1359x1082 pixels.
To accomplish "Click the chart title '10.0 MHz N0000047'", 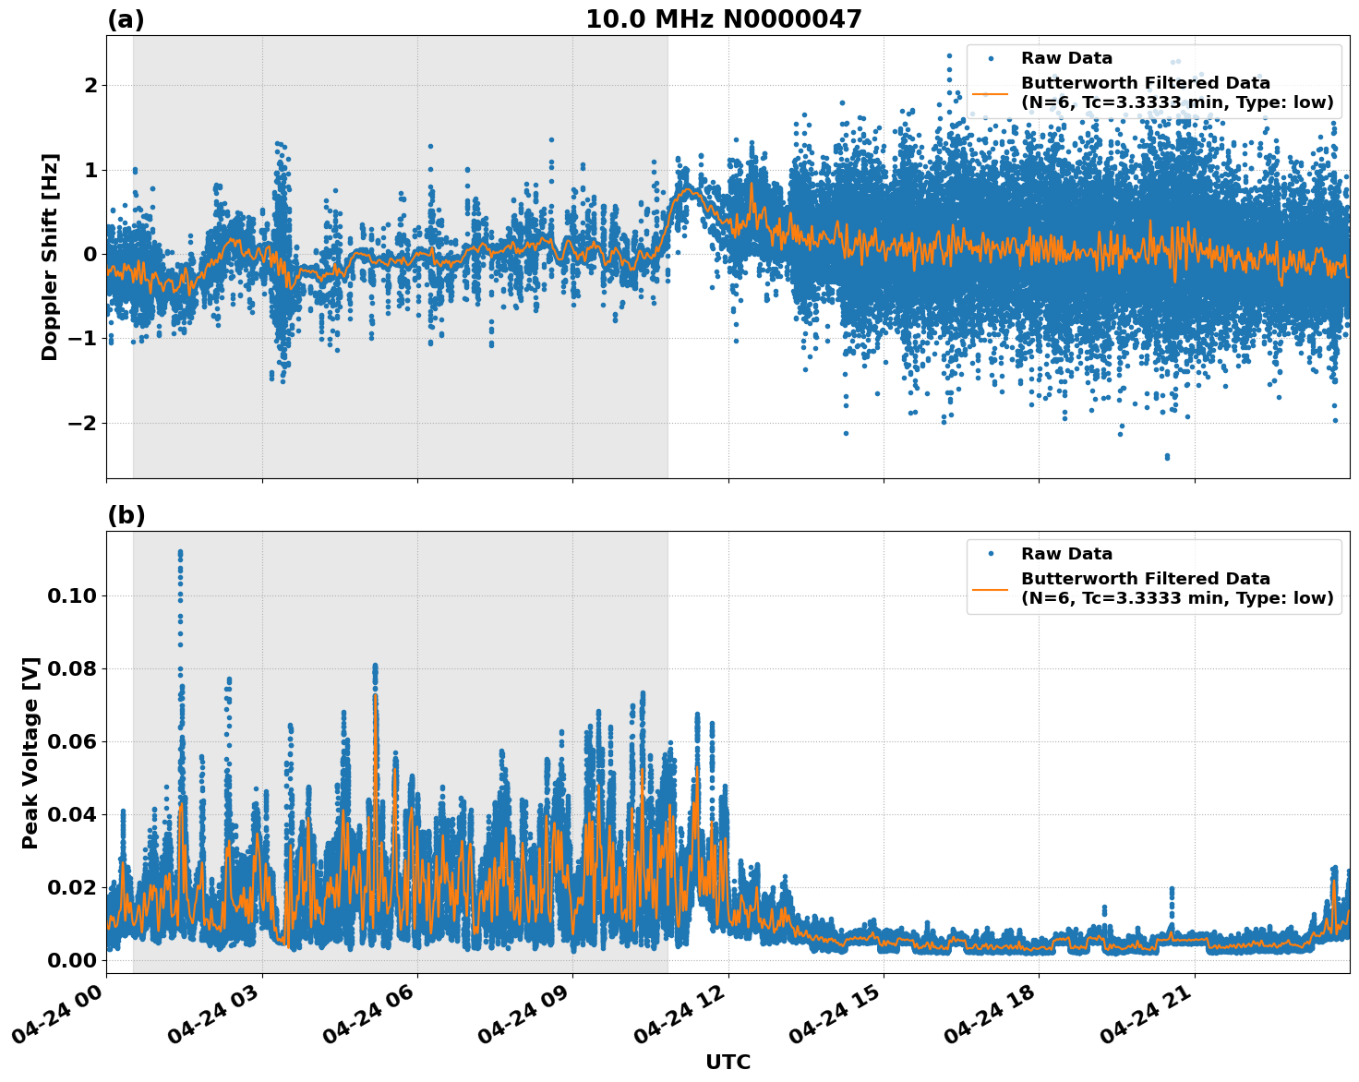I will tap(723, 19).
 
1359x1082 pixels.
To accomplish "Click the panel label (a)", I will tap(126, 19).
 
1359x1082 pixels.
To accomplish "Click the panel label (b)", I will tap(126, 515).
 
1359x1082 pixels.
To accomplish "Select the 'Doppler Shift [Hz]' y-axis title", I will tap(50, 257).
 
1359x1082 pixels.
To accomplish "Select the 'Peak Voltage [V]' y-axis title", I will tap(30, 752).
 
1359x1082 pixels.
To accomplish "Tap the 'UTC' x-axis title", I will tap(728, 1062).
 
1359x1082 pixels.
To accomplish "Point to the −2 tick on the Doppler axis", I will tap(84, 424).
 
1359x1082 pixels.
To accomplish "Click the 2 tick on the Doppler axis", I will tap(90, 86).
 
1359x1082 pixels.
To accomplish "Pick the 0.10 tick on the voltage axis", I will tap(71, 596).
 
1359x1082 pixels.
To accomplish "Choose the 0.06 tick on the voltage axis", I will tap(71, 741).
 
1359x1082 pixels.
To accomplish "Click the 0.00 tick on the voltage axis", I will tap(71, 960).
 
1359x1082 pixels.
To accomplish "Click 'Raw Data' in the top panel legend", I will tap(1066, 59).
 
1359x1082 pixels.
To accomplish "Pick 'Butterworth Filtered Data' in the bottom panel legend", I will tap(1145, 579).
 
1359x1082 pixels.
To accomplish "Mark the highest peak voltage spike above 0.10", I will tap(180, 552).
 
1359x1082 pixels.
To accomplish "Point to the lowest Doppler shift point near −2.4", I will tap(1167, 456).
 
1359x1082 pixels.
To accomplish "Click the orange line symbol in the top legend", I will tap(991, 93).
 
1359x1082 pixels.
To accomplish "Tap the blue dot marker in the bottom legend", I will tap(991, 554).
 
